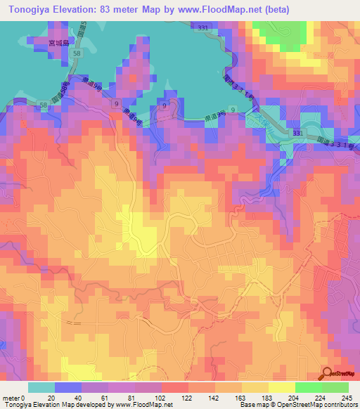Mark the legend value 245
345,397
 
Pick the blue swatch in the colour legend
68,387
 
